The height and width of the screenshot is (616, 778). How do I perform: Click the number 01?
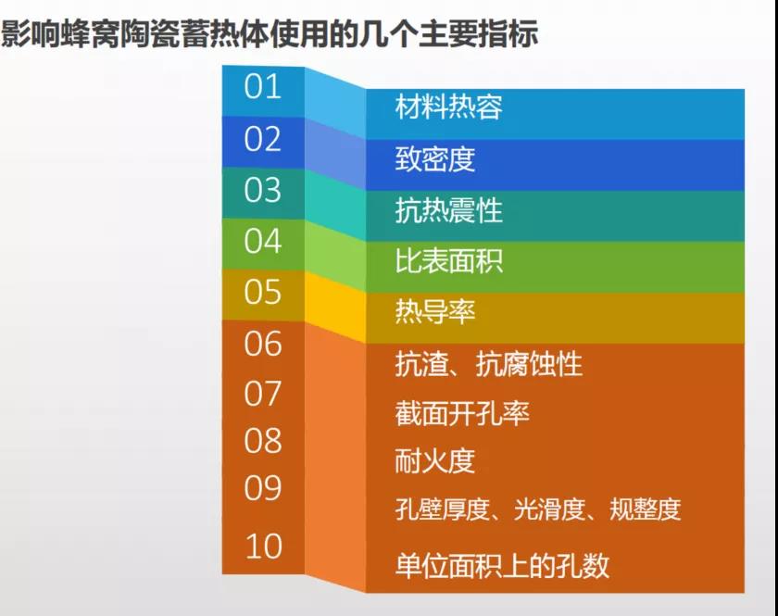(x=262, y=86)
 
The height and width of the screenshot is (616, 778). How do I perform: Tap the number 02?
(x=262, y=139)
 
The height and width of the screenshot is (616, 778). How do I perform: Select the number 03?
(x=262, y=190)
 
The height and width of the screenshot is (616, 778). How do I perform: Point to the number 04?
(x=262, y=241)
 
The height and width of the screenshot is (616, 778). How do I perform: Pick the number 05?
(x=262, y=292)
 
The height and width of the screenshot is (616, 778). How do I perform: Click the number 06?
(x=262, y=343)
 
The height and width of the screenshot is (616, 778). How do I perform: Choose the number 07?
(x=262, y=394)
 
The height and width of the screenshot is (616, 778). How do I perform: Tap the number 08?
(x=262, y=440)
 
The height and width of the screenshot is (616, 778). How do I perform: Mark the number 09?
(x=262, y=487)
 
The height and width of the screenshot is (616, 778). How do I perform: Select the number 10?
(x=263, y=547)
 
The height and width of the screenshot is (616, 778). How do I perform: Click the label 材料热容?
(x=448, y=107)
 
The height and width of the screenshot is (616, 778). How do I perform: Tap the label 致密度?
(x=435, y=158)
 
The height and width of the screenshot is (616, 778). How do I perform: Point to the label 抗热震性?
(x=448, y=210)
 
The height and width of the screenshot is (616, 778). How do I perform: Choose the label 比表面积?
(x=448, y=260)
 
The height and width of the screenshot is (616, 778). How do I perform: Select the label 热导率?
(x=435, y=312)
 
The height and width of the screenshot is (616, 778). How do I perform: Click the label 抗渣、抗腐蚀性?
(x=489, y=364)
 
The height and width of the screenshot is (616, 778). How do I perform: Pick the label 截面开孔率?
(x=462, y=413)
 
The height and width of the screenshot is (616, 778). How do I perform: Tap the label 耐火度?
(x=435, y=460)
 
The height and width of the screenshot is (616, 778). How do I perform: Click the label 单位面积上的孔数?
(x=502, y=565)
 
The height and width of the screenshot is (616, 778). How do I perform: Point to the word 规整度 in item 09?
(x=645, y=509)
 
